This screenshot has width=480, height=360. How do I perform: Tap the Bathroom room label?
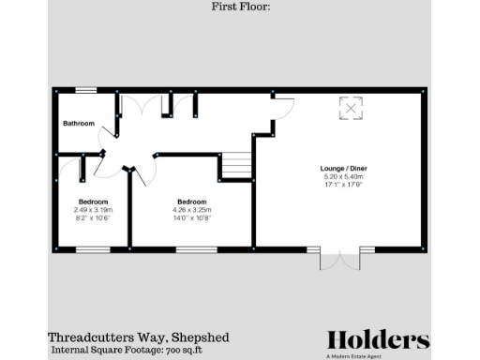click(x=79, y=124)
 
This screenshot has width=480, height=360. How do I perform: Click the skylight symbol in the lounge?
click(x=351, y=109)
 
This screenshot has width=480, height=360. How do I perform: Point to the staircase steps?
click(x=236, y=166)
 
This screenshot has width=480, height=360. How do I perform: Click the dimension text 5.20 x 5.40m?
click(x=343, y=177)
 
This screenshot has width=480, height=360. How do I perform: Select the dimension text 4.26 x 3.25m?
click(x=192, y=209)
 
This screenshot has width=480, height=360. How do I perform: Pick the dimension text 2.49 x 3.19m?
click(x=93, y=209)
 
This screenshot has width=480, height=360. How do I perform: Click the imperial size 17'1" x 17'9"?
click(x=343, y=185)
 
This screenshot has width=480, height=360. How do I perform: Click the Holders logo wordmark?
click(x=378, y=340)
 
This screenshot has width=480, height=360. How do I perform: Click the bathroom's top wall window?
click(x=86, y=90)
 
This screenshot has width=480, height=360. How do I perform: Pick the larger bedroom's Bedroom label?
click(x=192, y=202)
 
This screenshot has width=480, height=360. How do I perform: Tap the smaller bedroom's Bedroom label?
click(x=93, y=202)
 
